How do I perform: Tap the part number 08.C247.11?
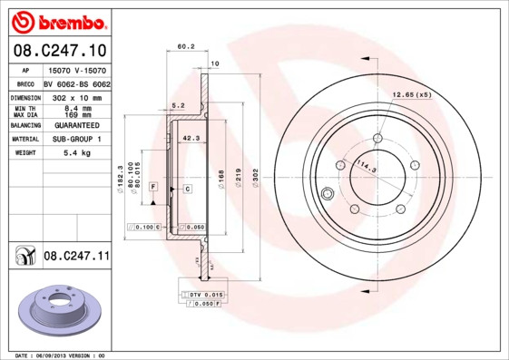click(x=76, y=257)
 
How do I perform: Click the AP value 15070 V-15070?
click(x=77, y=70)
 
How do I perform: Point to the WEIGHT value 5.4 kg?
click(x=77, y=153)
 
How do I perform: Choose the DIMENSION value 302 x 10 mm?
click(x=77, y=96)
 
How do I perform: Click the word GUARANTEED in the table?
click(x=77, y=126)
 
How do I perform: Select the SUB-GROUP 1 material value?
click(x=77, y=140)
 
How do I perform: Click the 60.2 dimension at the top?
click(x=186, y=47)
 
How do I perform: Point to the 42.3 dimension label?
click(x=191, y=139)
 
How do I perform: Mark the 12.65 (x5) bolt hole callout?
click(x=411, y=93)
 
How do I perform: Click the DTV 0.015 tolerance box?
click(x=203, y=296)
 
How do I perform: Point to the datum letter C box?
click(x=186, y=189)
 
